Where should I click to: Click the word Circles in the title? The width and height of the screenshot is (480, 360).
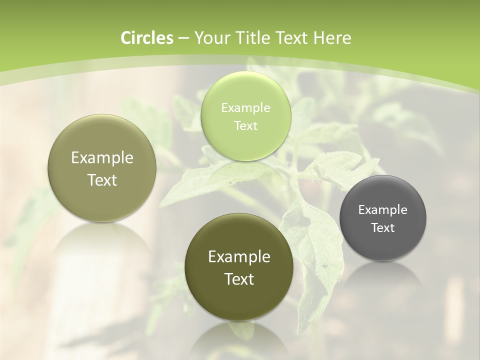[147, 38]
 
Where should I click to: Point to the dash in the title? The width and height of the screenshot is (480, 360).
[183, 38]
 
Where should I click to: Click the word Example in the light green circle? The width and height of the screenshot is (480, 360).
[245, 107]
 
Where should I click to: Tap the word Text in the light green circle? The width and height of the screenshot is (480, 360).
[245, 125]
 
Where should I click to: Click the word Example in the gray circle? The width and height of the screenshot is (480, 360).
[383, 209]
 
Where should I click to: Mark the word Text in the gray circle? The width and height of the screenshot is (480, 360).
[383, 227]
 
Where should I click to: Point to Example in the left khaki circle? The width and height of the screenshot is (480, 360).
[102, 157]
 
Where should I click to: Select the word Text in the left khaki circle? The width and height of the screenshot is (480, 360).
[102, 180]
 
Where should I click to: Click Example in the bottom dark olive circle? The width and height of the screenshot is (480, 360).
[239, 256]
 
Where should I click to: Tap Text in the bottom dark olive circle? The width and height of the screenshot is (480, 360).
[239, 279]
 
